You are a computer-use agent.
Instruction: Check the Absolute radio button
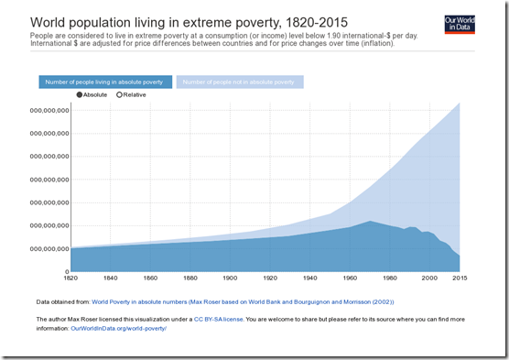80,94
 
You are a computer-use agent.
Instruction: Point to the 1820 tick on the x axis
70,278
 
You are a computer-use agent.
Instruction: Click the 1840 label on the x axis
110,278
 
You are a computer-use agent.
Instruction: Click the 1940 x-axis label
311,278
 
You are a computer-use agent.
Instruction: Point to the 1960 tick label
351,278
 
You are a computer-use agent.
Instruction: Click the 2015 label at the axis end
460,278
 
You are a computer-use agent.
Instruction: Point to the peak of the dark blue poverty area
370,221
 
